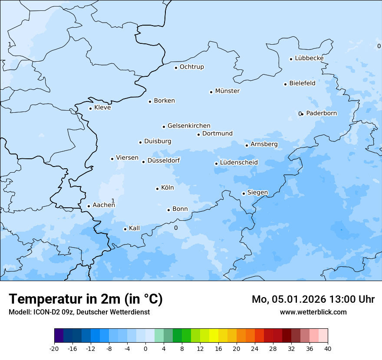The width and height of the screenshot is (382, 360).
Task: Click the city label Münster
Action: click(x=227, y=91)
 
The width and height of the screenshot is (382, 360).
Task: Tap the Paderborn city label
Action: click(x=321, y=113)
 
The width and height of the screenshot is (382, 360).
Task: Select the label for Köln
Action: click(x=168, y=188)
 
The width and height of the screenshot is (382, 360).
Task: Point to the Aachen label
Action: click(x=104, y=205)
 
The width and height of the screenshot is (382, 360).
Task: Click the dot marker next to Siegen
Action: click(x=244, y=193)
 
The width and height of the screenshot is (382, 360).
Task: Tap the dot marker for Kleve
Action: click(x=90, y=108)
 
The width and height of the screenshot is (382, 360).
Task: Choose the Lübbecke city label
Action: click(x=309, y=58)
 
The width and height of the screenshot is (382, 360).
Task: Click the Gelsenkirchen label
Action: click(x=189, y=126)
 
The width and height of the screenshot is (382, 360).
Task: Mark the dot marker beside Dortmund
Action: click(x=198, y=134)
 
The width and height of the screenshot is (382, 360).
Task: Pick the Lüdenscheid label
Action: click(x=239, y=163)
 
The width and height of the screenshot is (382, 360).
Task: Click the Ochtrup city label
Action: click(x=192, y=67)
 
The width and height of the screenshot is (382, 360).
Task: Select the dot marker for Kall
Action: click(x=125, y=229)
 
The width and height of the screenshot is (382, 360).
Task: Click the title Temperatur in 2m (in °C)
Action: click(x=86, y=299)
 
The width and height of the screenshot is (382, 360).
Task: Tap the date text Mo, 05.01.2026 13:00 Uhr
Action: click(x=313, y=299)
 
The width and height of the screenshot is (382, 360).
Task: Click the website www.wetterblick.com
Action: click(x=313, y=312)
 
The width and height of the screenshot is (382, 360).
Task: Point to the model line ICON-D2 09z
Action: click(x=79, y=312)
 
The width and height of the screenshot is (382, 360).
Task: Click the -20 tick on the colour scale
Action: click(x=54, y=349)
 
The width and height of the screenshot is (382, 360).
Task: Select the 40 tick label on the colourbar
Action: click(x=327, y=349)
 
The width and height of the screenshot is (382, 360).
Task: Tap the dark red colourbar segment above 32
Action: click(x=286, y=336)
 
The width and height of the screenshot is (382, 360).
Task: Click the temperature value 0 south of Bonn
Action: click(x=176, y=228)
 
